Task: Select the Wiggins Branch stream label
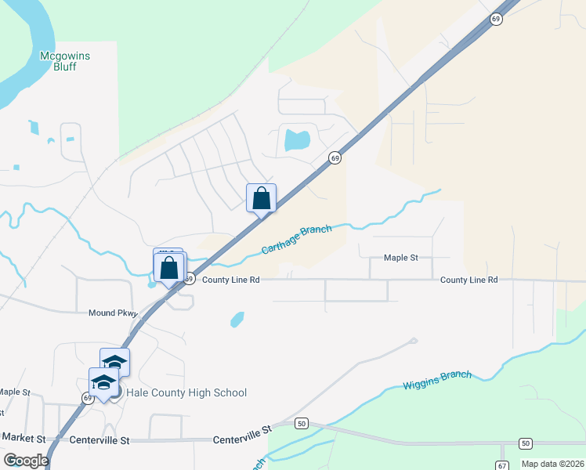[437, 380]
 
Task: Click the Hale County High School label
[186, 393]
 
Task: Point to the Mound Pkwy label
[113, 313]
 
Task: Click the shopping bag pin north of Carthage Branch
[262, 198]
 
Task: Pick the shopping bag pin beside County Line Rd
[169, 267]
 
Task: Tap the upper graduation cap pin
[114, 363]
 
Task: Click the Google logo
[26, 461]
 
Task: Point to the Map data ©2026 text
[552, 464]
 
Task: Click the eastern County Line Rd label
[468, 280]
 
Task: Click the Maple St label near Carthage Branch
[401, 257]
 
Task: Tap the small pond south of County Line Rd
[237, 319]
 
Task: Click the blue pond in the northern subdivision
[297, 140]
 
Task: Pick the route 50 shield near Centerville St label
[302, 424]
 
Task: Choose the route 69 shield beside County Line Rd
[189, 278]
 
